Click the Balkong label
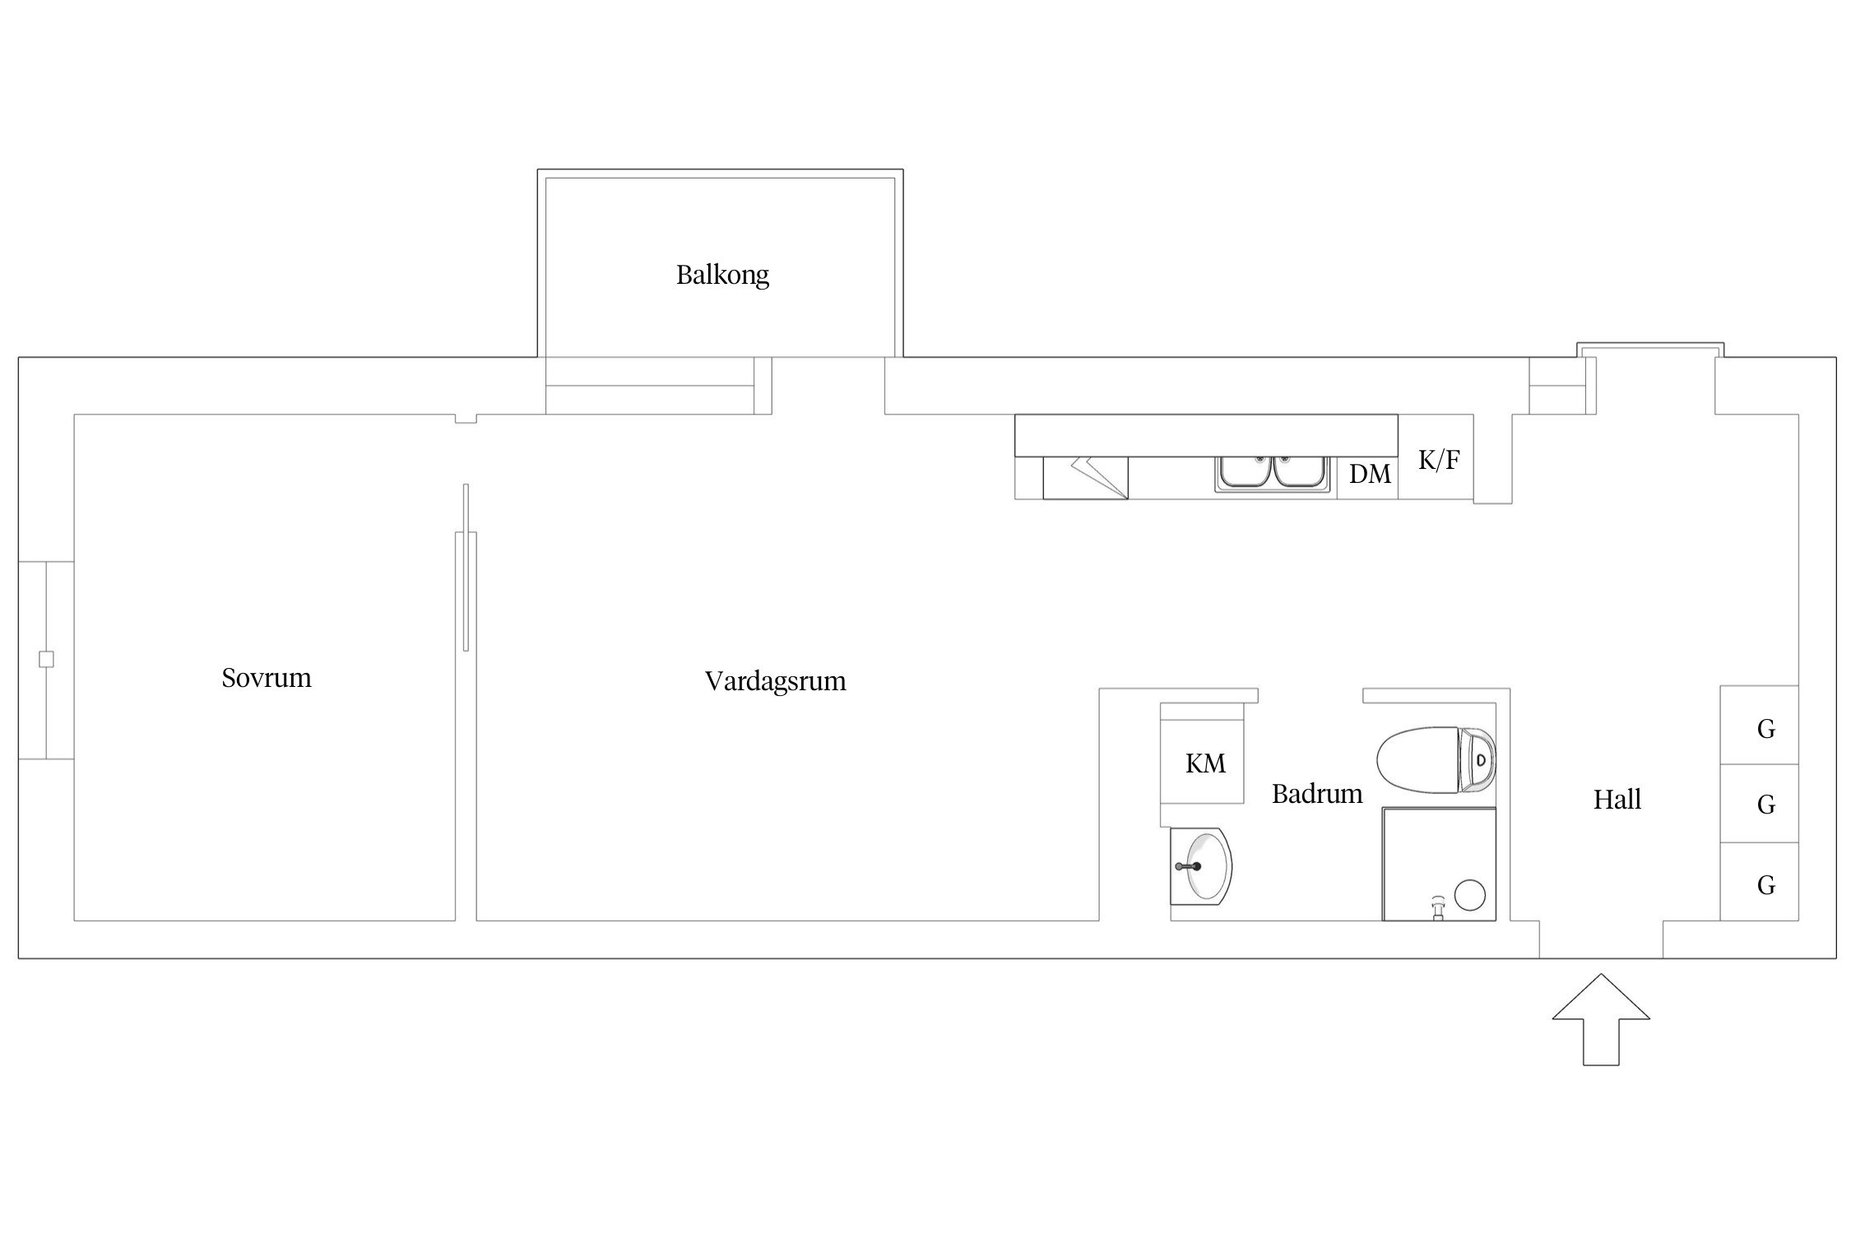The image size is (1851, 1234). pyautogui.click(x=722, y=275)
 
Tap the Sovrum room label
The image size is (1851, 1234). pyautogui.click(x=267, y=678)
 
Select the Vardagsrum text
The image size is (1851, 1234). pyautogui.click(x=775, y=681)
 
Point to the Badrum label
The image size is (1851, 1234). pyautogui.click(x=1317, y=794)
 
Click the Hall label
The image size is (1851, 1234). pyautogui.click(x=1617, y=800)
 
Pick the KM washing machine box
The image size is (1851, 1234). pyautogui.click(x=1202, y=754)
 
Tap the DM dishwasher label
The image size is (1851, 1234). pyautogui.click(x=1370, y=474)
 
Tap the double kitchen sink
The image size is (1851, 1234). pyautogui.click(x=1273, y=474)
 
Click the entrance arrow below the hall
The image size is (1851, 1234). pyautogui.click(x=1601, y=1019)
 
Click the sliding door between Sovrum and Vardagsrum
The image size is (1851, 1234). pyautogui.click(x=466, y=568)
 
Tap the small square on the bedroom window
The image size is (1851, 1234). pyautogui.click(x=46, y=659)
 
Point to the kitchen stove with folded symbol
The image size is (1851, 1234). pyautogui.click(x=1085, y=478)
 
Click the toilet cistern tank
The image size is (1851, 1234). pyautogui.click(x=1478, y=759)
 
